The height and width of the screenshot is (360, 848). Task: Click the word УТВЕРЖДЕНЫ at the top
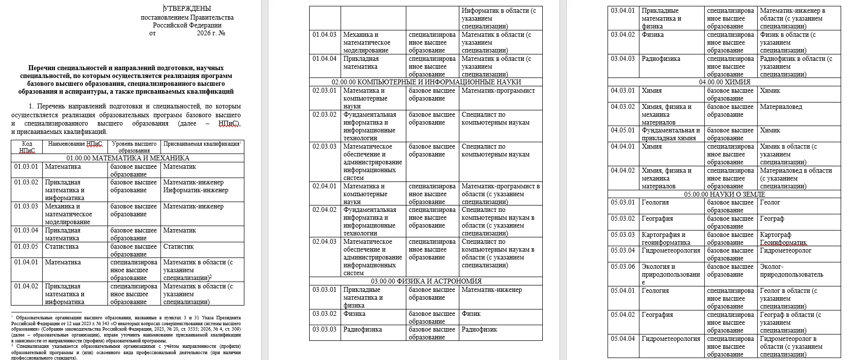point(187,8)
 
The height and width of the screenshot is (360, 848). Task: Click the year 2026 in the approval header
point(203,33)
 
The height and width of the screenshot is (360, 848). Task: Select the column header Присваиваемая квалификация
point(201,144)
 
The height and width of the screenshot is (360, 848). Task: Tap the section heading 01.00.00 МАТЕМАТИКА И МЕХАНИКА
point(128,158)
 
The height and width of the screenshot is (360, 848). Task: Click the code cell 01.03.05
point(26,247)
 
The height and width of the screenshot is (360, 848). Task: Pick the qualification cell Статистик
point(178,247)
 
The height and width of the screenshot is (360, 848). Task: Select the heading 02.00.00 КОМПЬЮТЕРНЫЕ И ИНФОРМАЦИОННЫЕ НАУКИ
point(426,82)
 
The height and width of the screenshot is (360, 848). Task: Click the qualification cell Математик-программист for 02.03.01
point(498,91)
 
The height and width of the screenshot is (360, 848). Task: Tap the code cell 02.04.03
point(324,242)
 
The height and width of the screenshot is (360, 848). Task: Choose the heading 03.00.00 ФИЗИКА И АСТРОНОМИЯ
point(426,282)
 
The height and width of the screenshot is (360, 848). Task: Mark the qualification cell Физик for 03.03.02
point(471,314)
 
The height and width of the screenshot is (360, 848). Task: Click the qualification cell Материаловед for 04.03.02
point(781,107)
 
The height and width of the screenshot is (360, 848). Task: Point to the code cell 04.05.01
point(623,130)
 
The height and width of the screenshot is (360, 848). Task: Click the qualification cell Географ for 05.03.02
point(772,219)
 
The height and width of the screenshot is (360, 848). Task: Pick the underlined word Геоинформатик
point(783,243)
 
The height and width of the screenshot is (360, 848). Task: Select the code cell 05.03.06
point(623,267)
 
